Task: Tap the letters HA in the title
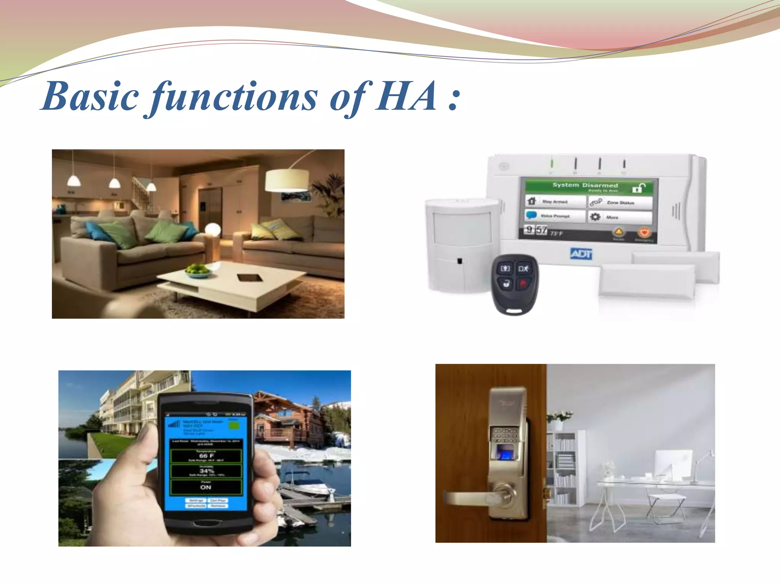click(406, 97)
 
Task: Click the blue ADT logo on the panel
click(581, 254)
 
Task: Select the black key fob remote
click(515, 284)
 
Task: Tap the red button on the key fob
click(524, 283)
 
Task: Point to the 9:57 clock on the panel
click(536, 230)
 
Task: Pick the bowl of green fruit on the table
click(198, 270)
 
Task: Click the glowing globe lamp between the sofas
click(213, 230)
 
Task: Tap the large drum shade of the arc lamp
click(287, 180)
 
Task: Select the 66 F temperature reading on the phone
click(206, 456)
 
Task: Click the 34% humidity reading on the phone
click(206, 471)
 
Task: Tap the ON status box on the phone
click(206, 487)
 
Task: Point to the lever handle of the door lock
click(472, 497)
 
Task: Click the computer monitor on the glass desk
click(673, 465)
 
